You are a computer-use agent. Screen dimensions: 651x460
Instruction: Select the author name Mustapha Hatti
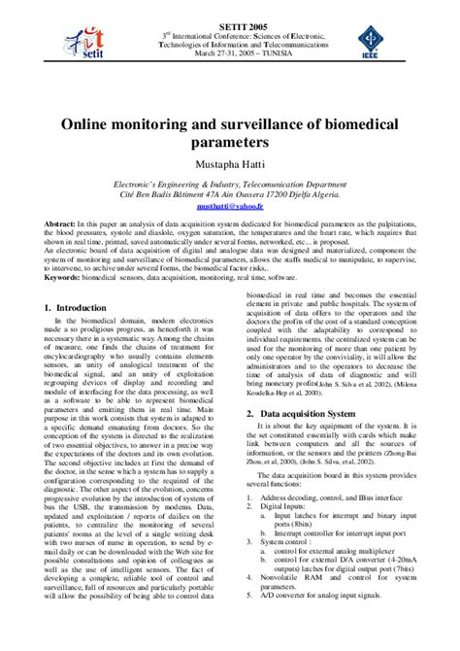point(230,163)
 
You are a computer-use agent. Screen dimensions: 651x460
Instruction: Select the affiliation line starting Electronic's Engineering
point(230,183)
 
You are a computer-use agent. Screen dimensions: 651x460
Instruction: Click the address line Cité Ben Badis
point(230,193)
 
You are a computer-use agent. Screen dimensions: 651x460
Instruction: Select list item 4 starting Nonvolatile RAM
point(320,615)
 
